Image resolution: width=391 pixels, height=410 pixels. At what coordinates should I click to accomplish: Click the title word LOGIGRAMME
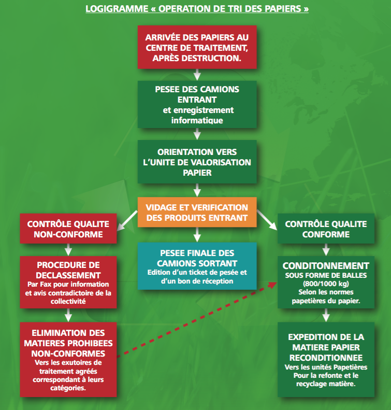tap(117, 9)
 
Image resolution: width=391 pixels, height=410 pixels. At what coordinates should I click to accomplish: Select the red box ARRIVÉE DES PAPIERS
tap(197, 47)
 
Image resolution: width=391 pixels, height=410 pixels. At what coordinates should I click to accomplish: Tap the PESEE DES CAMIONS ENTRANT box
tap(197, 104)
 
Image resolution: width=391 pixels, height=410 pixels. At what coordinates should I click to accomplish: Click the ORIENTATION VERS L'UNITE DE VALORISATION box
tap(197, 162)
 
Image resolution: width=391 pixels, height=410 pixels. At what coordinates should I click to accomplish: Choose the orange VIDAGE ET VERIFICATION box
tap(197, 212)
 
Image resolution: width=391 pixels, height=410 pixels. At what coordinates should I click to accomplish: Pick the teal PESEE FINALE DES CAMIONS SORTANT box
tap(197, 266)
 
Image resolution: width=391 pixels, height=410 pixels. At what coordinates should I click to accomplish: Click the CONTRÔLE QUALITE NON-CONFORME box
tap(68, 229)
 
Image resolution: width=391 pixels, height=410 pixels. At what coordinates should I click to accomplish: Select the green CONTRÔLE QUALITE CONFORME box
tap(326, 229)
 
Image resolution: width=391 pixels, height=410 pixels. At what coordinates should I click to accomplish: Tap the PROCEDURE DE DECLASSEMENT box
tap(68, 282)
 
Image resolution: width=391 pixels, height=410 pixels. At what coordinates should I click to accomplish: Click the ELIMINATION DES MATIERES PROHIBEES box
tap(68, 360)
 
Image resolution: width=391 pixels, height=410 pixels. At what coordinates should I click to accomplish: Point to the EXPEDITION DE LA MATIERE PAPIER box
tap(326, 360)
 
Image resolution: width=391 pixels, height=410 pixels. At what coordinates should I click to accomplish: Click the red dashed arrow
tap(197, 319)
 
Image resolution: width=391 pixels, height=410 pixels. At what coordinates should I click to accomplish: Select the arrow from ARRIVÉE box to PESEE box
tap(197, 75)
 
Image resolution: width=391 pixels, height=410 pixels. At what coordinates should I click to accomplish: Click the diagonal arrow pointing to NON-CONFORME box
tap(127, 221)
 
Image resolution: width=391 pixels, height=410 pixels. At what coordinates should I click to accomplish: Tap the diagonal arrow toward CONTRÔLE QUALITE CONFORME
tap(267, 220)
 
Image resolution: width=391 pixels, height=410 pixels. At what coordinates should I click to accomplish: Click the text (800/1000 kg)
tap(326, 284)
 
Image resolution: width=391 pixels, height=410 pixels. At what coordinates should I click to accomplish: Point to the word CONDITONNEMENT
tap(326, 266)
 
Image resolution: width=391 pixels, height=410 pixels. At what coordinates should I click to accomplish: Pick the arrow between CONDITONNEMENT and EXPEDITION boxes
tap(326, 315)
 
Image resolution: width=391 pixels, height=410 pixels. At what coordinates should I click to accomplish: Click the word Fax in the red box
tap(46, 284)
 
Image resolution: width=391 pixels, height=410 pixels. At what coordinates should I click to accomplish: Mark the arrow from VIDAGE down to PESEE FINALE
tap(197, 235)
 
